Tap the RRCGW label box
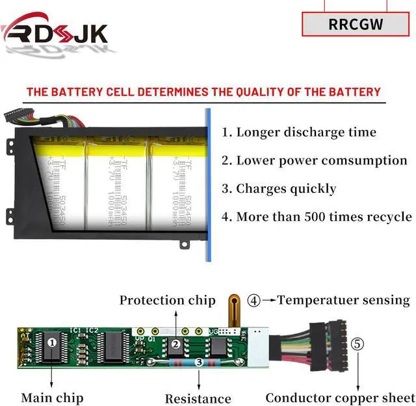(x=356, y=24)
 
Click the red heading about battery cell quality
(x=203, y=92)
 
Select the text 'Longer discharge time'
(x=299, y=133)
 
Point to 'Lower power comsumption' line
(x=315, y=160)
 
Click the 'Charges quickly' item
(x=279, y=189)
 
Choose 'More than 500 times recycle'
(x=317, y=217)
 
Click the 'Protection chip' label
(x=167, y=300)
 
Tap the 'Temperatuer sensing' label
(x=344, y=300)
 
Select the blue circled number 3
(x=198, y=362)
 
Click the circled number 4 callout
(x=253, y=301)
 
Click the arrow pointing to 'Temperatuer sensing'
(x=269, y=301)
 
